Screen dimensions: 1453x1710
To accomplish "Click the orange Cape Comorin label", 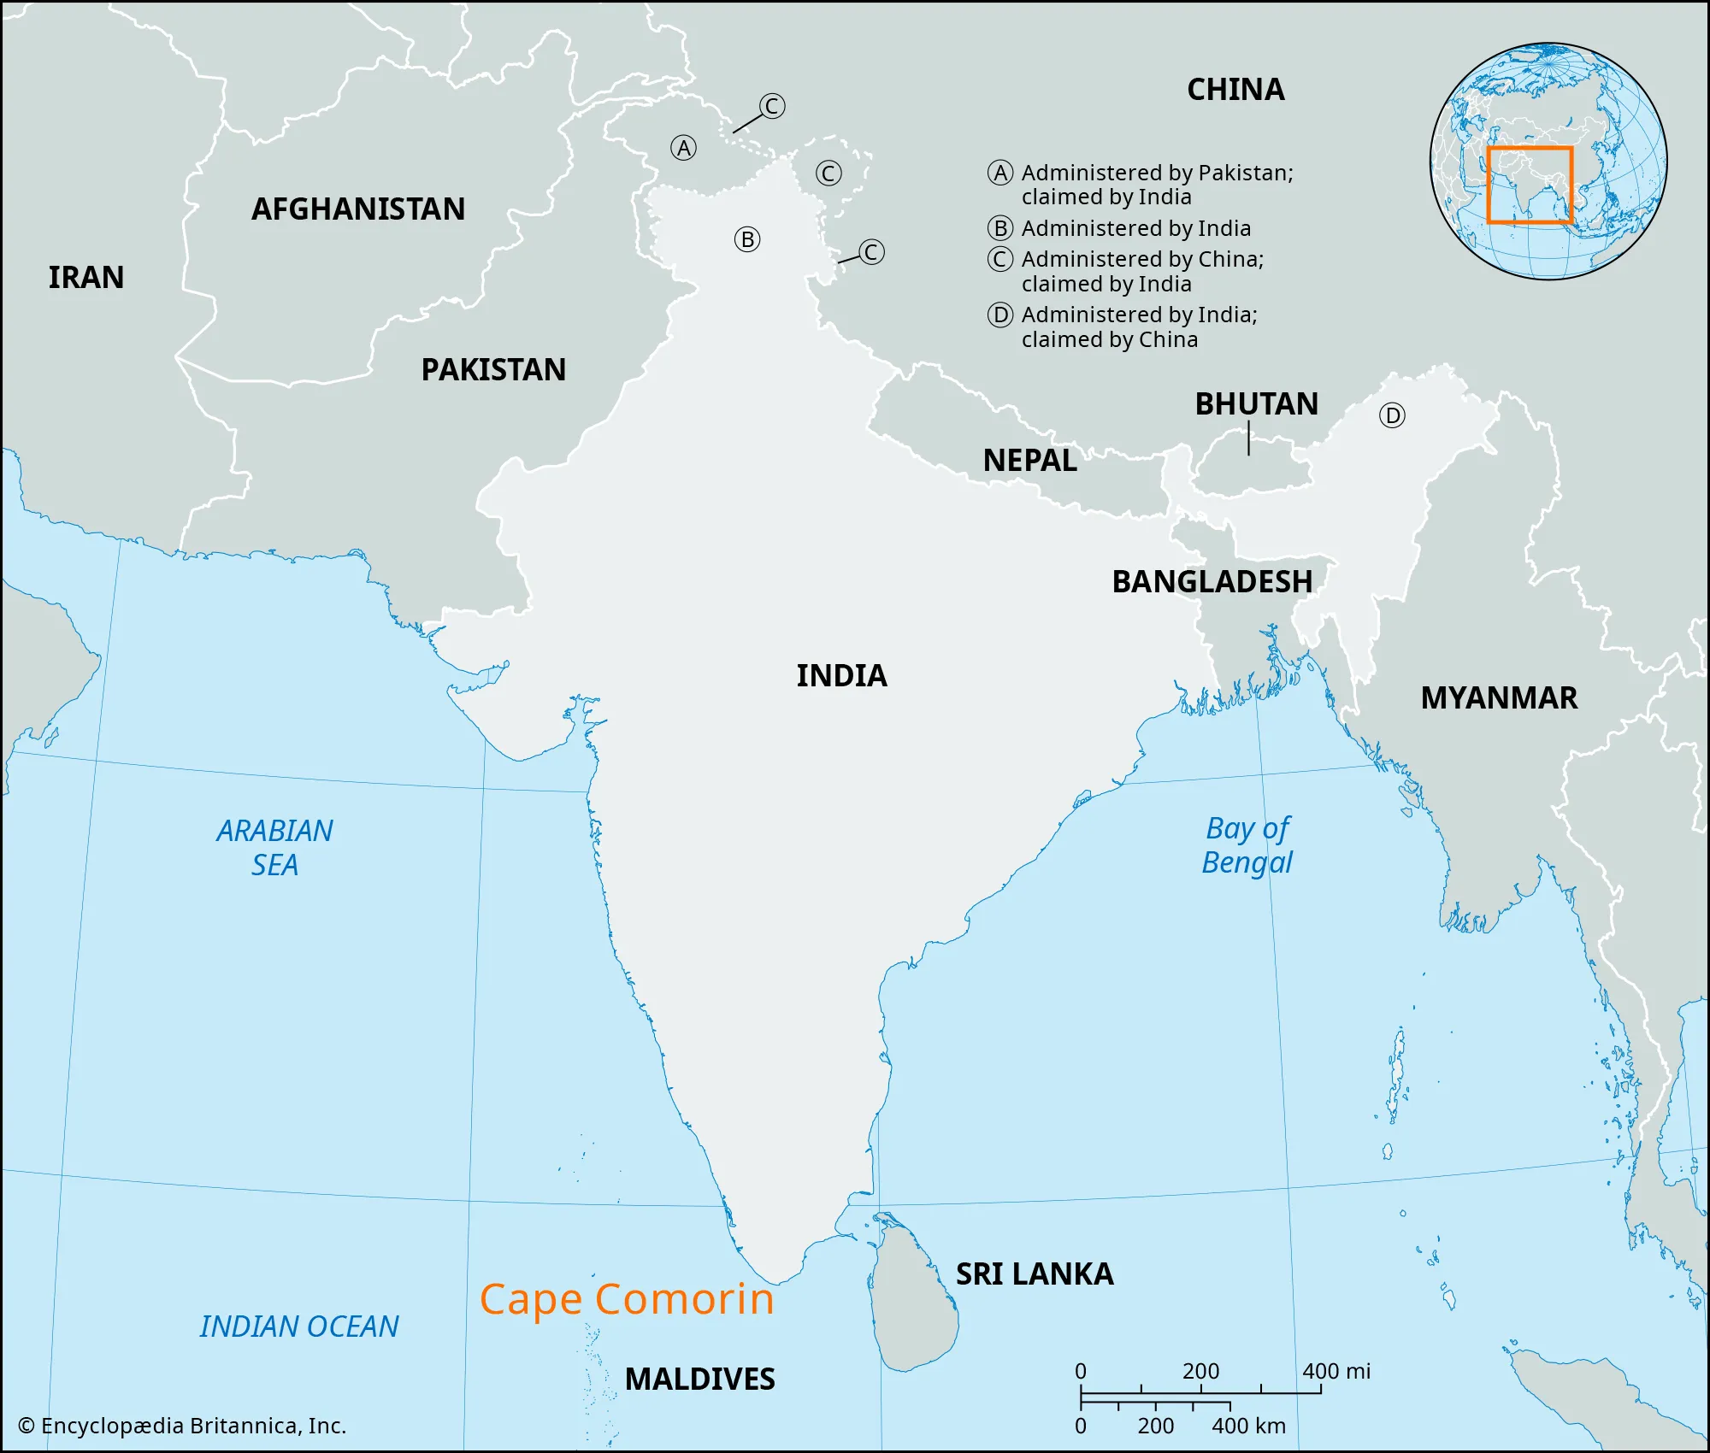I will [x=627, y=1300].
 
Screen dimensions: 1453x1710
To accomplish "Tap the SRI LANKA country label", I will [x=1035, y=1274].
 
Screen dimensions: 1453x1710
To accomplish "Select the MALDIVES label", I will [x=699, y=1379].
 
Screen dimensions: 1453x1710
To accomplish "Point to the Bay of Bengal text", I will [x=1247, y=845].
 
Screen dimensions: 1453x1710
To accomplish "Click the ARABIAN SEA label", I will [x=274, y=848].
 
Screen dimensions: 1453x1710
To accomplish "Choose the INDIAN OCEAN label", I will [x=299, y=1327].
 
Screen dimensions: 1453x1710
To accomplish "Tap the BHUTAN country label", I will [x=1256, y=404].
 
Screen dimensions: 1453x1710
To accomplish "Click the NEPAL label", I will [x=1029, y=461].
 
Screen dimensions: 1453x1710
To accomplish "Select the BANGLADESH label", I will [x=1212, y=582].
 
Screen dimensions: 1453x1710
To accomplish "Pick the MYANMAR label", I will [x=1499, y=698].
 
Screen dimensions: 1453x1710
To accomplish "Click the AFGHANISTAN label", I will [x=358, y=209].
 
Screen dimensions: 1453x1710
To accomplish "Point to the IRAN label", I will [x=86, y=278].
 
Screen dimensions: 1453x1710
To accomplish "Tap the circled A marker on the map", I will [x=683, y=149].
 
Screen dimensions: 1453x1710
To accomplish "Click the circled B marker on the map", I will [x=747, y=240].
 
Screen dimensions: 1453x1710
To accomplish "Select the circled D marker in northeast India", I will [x=1392, y=416].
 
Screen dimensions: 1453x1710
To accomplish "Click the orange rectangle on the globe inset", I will [x=1530, y=185].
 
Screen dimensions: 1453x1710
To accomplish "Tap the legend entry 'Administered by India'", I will [x=1135, y=229].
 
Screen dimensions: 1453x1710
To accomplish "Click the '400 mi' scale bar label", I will [x=1336, y=1372].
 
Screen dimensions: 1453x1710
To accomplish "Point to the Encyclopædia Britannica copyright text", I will [x=182, y=1426].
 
